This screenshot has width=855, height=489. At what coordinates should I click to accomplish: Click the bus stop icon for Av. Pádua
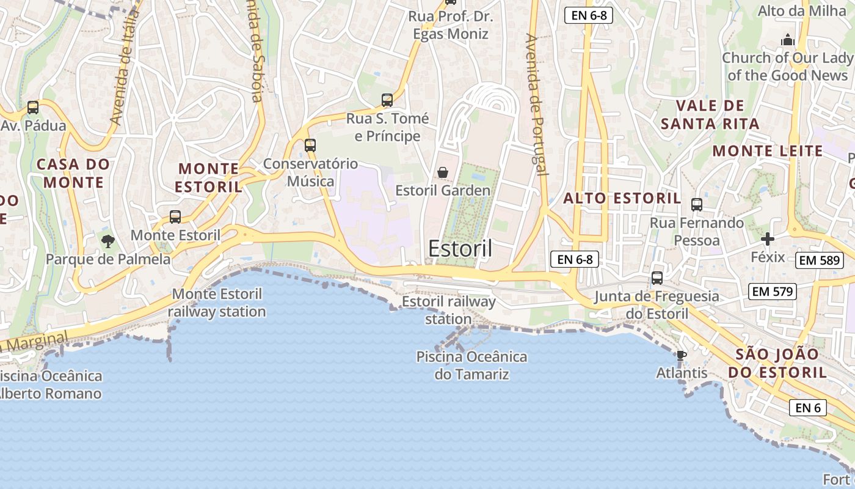pos(33,108)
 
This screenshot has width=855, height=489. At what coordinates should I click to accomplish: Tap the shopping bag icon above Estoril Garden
pos(443,173)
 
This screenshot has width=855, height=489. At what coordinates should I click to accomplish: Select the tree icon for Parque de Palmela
pos(108,241)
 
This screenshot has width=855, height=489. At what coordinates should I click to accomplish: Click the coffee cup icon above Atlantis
pos(681,355)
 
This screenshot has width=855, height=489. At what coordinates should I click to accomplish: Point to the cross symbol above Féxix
pos(768,239)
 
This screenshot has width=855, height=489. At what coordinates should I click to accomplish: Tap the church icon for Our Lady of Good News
pos(788,40)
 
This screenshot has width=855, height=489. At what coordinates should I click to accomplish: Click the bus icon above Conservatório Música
pos(310,145)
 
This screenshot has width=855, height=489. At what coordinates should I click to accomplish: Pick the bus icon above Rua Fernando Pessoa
pos(697,205)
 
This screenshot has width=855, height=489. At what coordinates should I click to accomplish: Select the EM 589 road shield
pos(820,260)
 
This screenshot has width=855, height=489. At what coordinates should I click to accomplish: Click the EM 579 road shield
pos(773,292)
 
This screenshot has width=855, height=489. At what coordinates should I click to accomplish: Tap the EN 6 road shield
pos(808,408)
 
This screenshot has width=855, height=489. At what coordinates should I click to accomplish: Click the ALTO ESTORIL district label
pos(622,198)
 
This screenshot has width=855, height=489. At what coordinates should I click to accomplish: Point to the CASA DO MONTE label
pos(73,173)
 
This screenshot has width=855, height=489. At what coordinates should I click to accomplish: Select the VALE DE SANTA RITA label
pos(710,114)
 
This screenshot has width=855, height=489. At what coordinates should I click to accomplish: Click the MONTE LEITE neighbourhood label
pos(768,151)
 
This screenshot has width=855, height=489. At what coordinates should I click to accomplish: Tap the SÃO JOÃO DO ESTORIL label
pos(776,363)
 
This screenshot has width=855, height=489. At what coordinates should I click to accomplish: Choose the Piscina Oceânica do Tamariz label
pos(471,365)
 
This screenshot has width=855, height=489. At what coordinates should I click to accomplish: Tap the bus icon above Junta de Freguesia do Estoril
pos(657,278)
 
